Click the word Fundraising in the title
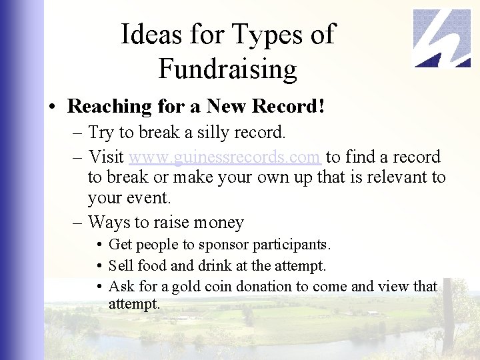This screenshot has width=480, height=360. tap(227, 69)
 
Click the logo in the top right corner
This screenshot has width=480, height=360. tap(441, 38)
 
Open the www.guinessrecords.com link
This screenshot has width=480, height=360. tap(225, 157)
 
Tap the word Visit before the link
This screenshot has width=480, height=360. tap(106, 157)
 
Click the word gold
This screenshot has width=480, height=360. tap(186, 287)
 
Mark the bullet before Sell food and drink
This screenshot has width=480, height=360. tap(99, 266)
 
